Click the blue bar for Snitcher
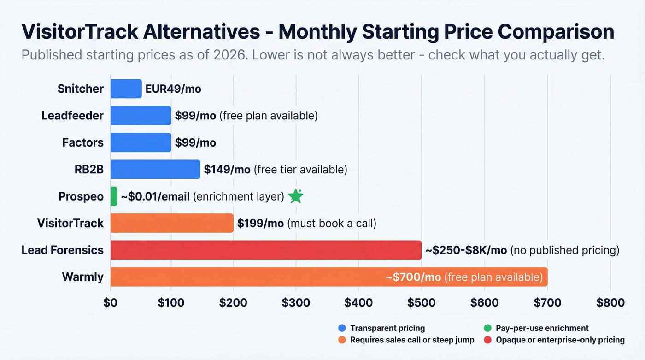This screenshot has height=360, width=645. point(126,89)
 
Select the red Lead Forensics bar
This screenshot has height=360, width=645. point(266,250)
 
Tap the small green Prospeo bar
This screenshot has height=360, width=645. point(114,196)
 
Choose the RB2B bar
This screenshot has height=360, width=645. point(155,169)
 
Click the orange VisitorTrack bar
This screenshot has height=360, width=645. point(172,223)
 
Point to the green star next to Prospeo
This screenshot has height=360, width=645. point(295,196)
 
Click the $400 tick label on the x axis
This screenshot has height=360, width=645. point(358,302)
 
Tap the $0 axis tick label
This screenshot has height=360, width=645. point(111,302)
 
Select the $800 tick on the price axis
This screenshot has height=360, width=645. point(610,302)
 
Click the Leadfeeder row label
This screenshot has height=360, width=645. point(72,115)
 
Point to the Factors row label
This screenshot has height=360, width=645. point(83,142)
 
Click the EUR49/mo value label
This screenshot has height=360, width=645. point(173,89)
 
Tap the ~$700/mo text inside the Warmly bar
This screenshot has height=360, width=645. point(413,277)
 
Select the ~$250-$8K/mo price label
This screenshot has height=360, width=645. point(466,250)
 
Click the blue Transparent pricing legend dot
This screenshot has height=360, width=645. point(342,328)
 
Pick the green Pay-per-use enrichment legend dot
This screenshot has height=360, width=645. point(488,328)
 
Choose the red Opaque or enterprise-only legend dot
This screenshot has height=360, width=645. point(488,340)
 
